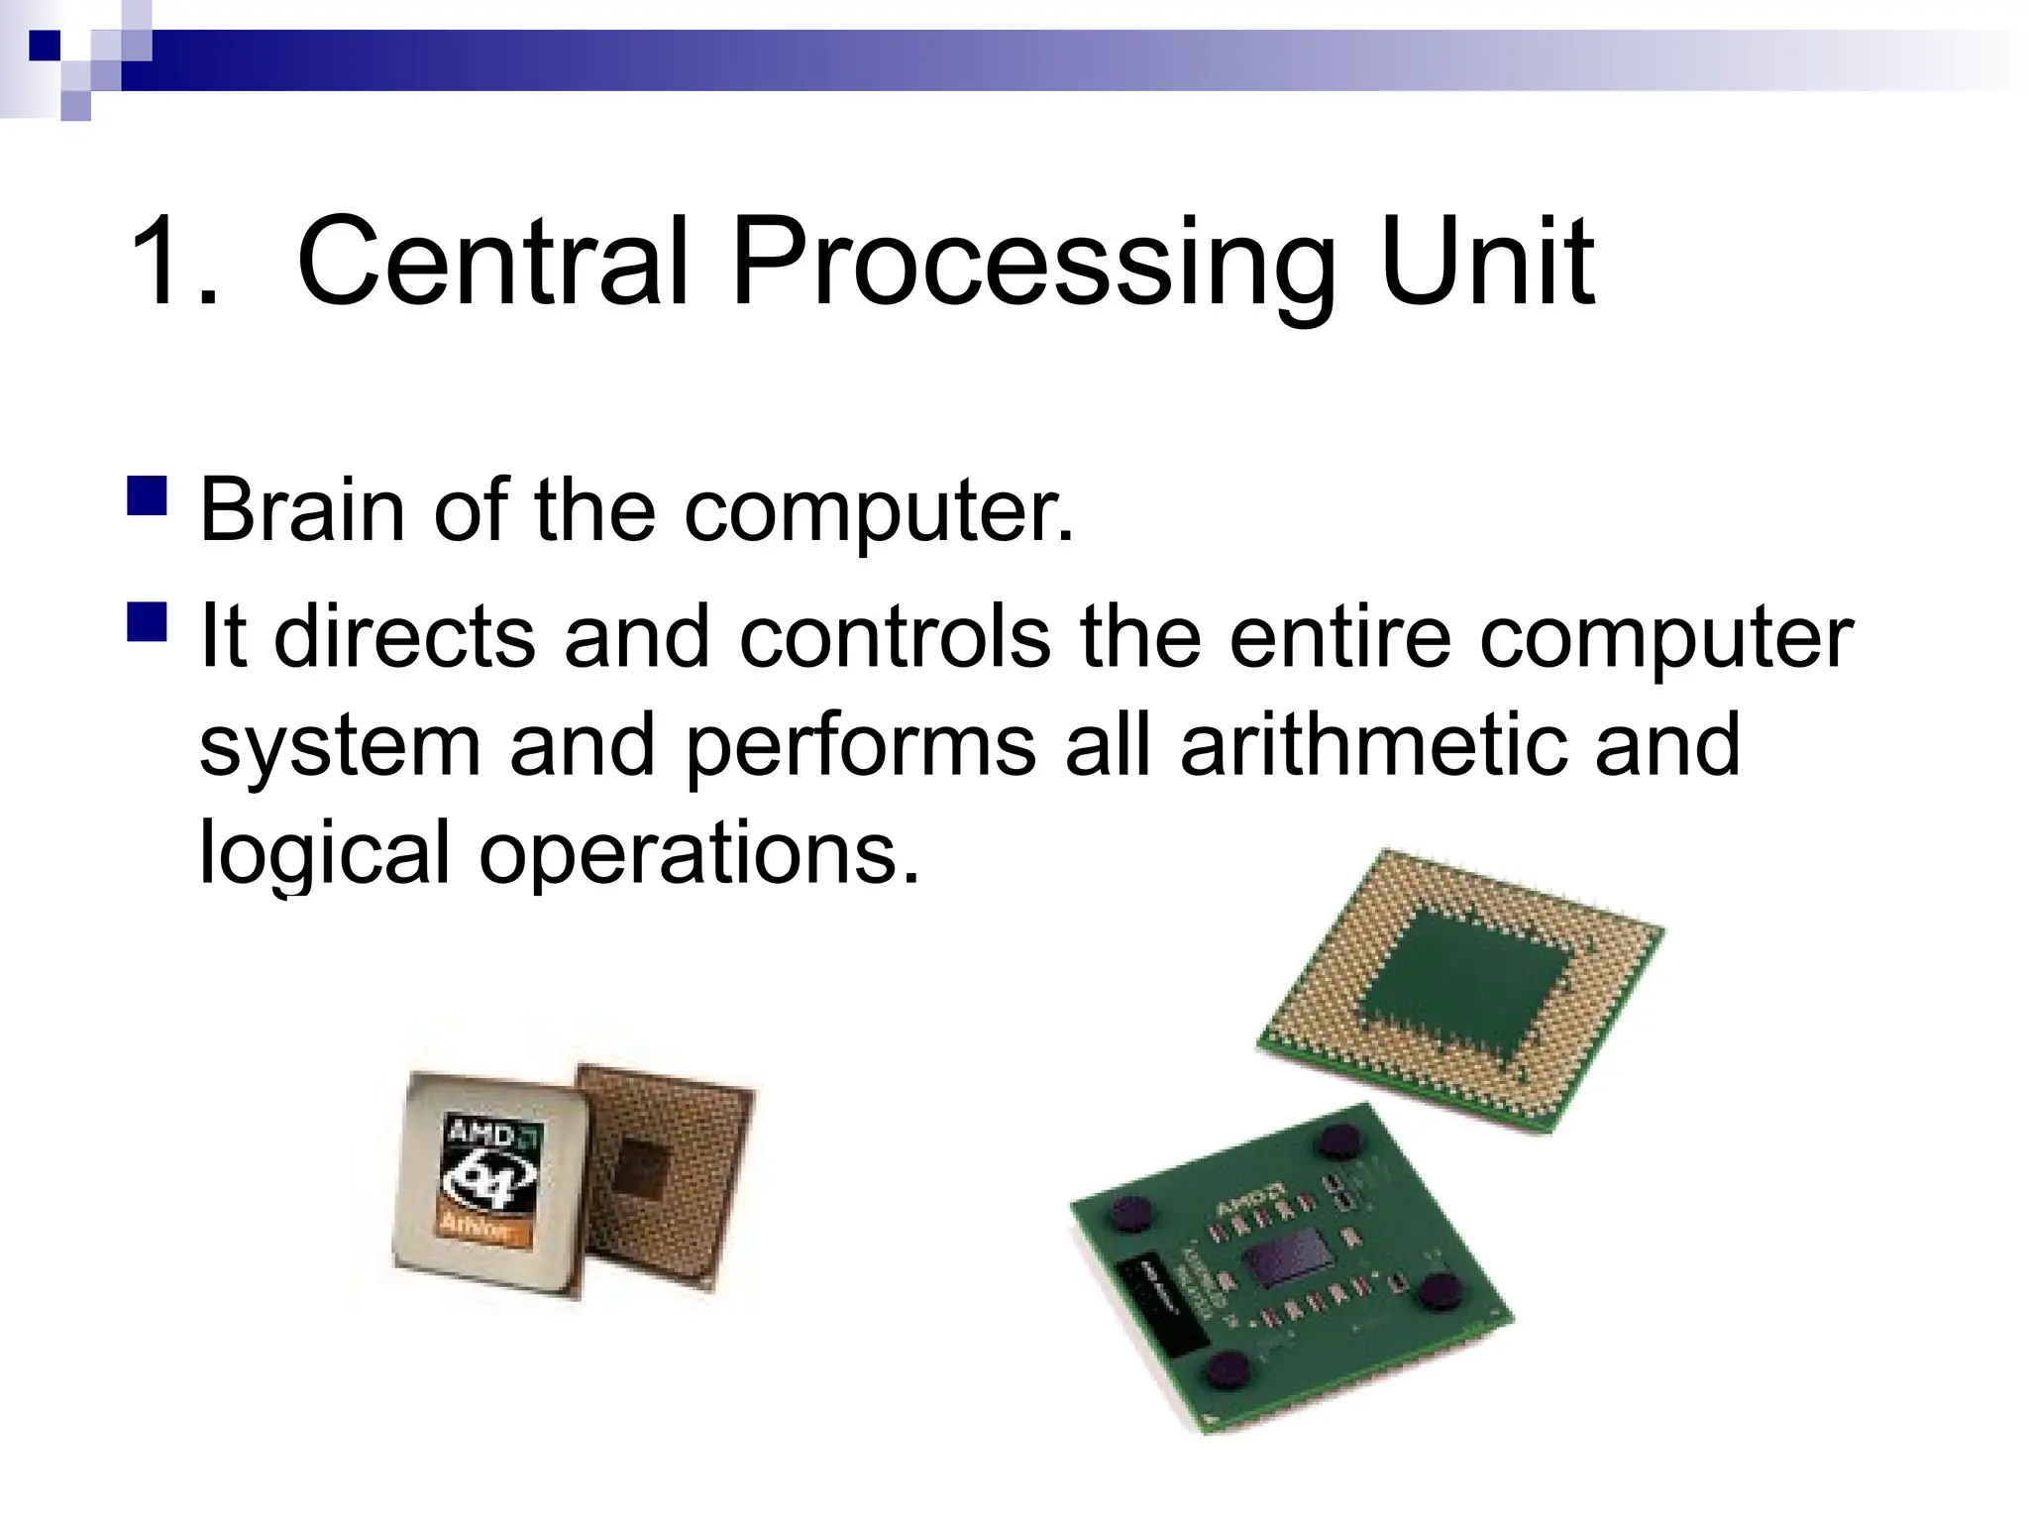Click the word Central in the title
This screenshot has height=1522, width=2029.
(x=492, y=263)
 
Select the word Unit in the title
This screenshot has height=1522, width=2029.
(x=1486, y=263)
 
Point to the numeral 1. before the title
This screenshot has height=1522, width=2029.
(x=173, y=263)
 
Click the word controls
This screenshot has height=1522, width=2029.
(x=895, y=636)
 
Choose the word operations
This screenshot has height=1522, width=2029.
(x=699, y=852)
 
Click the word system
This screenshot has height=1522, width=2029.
(x=340, y=745)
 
